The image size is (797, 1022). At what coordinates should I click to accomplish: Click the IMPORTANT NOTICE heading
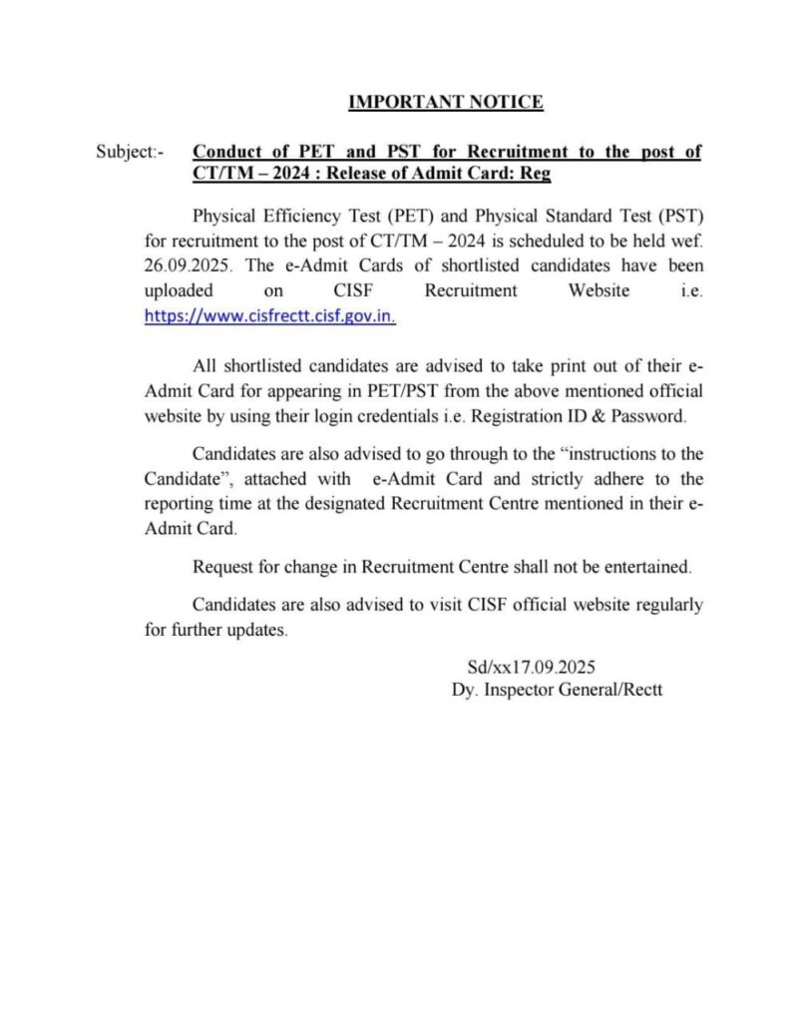click(445, 102)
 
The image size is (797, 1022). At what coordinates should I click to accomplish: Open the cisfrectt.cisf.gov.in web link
click(270, 316)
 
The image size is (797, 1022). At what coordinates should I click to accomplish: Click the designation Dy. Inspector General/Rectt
click(557, 690)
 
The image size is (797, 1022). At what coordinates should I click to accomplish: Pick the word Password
click(648, 415)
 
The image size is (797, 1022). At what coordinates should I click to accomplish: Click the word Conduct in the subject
click(226, 153)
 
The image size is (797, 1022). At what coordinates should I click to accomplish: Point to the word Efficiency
click(294, 215)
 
